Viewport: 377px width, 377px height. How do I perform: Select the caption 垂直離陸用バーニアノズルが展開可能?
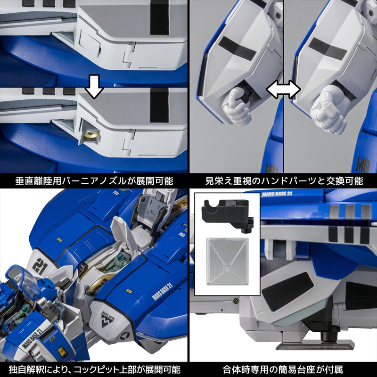coord(94,180)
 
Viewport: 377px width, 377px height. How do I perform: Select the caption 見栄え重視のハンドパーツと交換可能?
coord(283,180)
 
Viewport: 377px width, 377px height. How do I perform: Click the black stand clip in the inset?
coord(226,215)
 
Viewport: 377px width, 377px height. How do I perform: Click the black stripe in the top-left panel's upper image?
coord(159,19)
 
